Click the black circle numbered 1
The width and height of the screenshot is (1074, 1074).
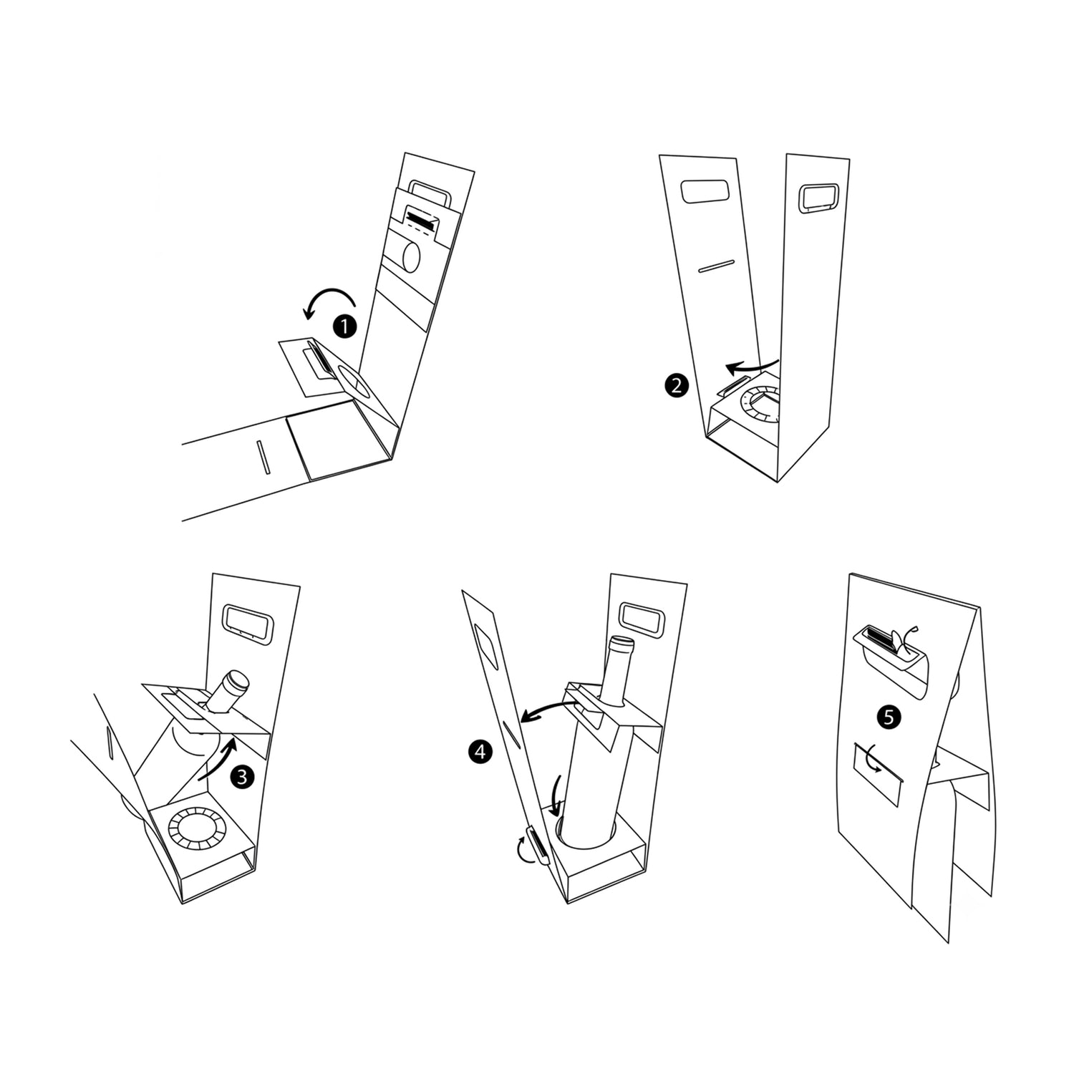345,327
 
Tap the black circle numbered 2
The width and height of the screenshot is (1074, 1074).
677,387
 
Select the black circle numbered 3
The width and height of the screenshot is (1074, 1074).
243,777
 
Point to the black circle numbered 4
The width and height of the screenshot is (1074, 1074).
479,751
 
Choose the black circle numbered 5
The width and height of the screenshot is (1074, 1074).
889,717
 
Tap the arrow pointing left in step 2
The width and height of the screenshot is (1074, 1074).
752,366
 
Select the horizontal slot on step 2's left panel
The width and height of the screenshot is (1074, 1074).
716,265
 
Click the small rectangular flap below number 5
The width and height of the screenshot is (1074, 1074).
877,763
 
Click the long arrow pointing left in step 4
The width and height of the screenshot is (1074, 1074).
549,711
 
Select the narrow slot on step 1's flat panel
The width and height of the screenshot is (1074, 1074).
261,457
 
